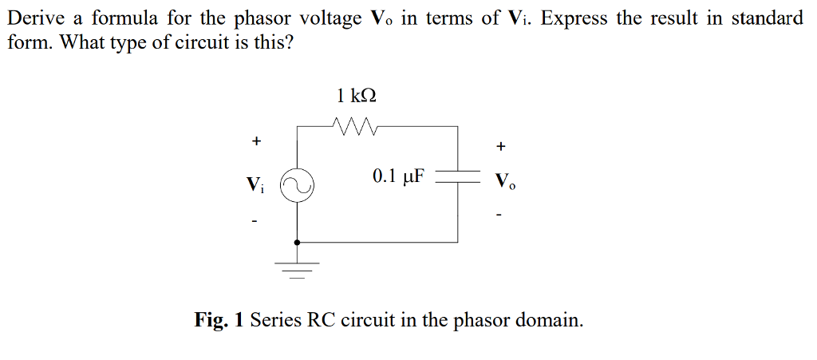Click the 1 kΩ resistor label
pyautogui.click(x=357, y=96)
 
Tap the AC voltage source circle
pyautogui.click(x=298, y=185)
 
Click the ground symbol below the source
pyautogui.click(x=298, y=269)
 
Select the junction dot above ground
pyautogui.click(x=298, y=242)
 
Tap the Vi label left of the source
pyautogui.click(x=254, y=185)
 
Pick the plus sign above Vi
pyautogui.click(x=255, y=141)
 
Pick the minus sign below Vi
pyautogui.click(x=255, y=222)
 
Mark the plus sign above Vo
pyautogui.click(x=500, y=147)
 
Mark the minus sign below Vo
pyautogui.click(x=499, y=214)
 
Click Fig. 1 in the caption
pyautogui.click(x=219, y=321)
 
